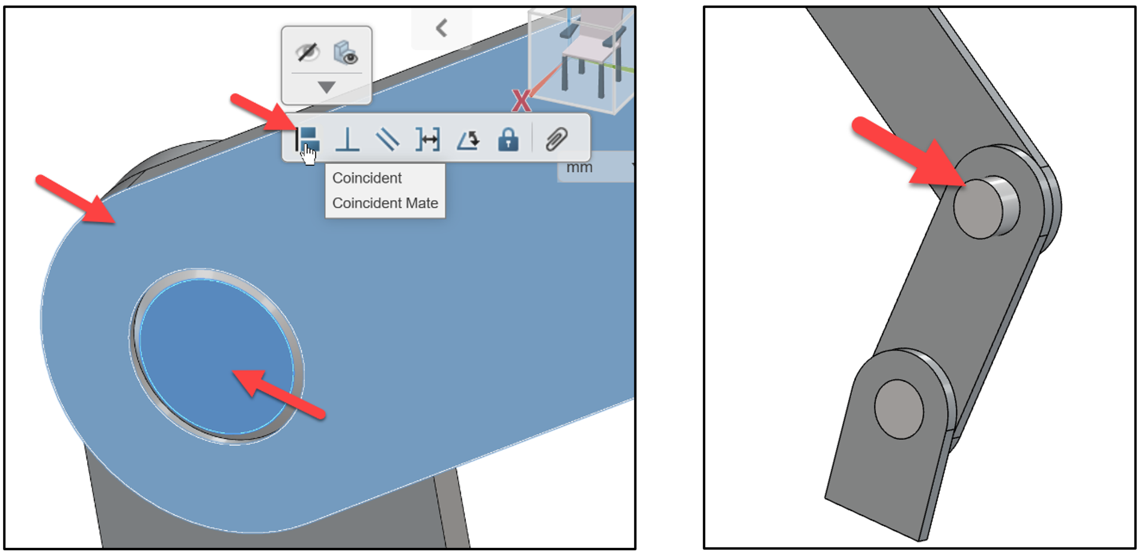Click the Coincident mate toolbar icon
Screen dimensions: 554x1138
(x=308, y=139)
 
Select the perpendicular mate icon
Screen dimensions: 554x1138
(x=347, y=140)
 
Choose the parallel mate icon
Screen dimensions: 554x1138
(x=387, y=140)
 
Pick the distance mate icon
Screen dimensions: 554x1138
(x=427, y=140)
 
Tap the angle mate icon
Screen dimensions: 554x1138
(x=468, y=140)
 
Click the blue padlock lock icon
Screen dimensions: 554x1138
(x=508, y=140)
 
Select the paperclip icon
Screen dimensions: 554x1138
(x=557, y=140)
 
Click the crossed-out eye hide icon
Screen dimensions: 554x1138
(x=307, y=52)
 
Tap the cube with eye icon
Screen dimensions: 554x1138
(x=346, y=52)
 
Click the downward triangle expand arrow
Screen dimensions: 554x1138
(x=326, y=87)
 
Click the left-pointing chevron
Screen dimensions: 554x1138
(x=442, y=28)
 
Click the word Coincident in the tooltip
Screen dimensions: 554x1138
(x=367, y=178)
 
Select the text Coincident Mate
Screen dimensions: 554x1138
(x=385, y=203)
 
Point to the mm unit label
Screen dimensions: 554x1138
(x=579, y=168)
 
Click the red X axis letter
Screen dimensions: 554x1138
(x=521, y=101)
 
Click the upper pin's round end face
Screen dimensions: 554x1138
(x=978, y=208)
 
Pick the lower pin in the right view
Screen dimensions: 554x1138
(x=899, y=408)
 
